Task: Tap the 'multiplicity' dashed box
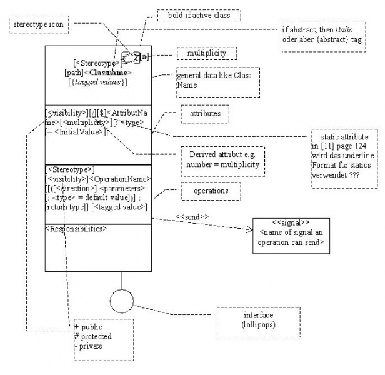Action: click(x=207, y=54)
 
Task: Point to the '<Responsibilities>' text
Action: click(x=76, y=229)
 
